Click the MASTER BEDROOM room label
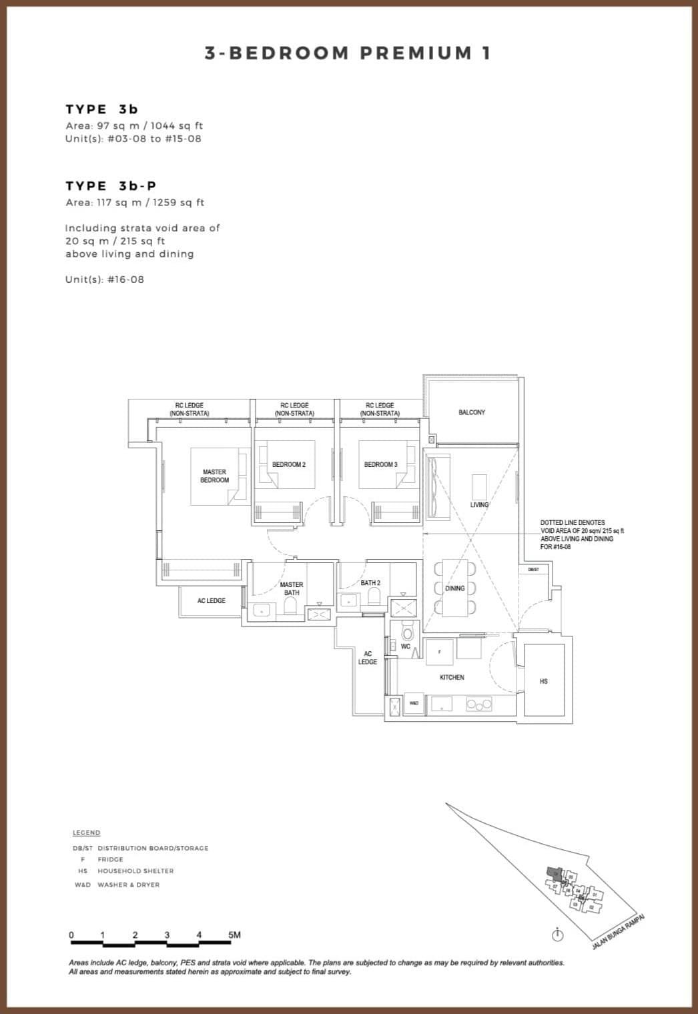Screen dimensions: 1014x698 214,476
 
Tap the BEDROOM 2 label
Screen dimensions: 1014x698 288,464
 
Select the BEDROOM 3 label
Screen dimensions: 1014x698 380,464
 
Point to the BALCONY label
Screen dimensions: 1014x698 472,412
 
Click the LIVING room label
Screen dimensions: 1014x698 479,504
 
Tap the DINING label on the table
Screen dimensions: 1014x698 455,588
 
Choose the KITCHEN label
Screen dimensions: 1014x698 452,677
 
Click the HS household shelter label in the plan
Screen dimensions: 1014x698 543,681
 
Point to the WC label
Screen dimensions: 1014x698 406,646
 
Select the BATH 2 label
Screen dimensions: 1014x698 370,583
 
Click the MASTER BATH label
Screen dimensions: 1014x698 292,588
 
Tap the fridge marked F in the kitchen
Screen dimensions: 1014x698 439,652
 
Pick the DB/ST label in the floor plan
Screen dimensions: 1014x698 533,570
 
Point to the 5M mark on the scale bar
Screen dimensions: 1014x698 234,935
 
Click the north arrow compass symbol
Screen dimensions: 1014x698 558,935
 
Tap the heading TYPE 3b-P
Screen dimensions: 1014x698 111,185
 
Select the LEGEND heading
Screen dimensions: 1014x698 87,833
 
